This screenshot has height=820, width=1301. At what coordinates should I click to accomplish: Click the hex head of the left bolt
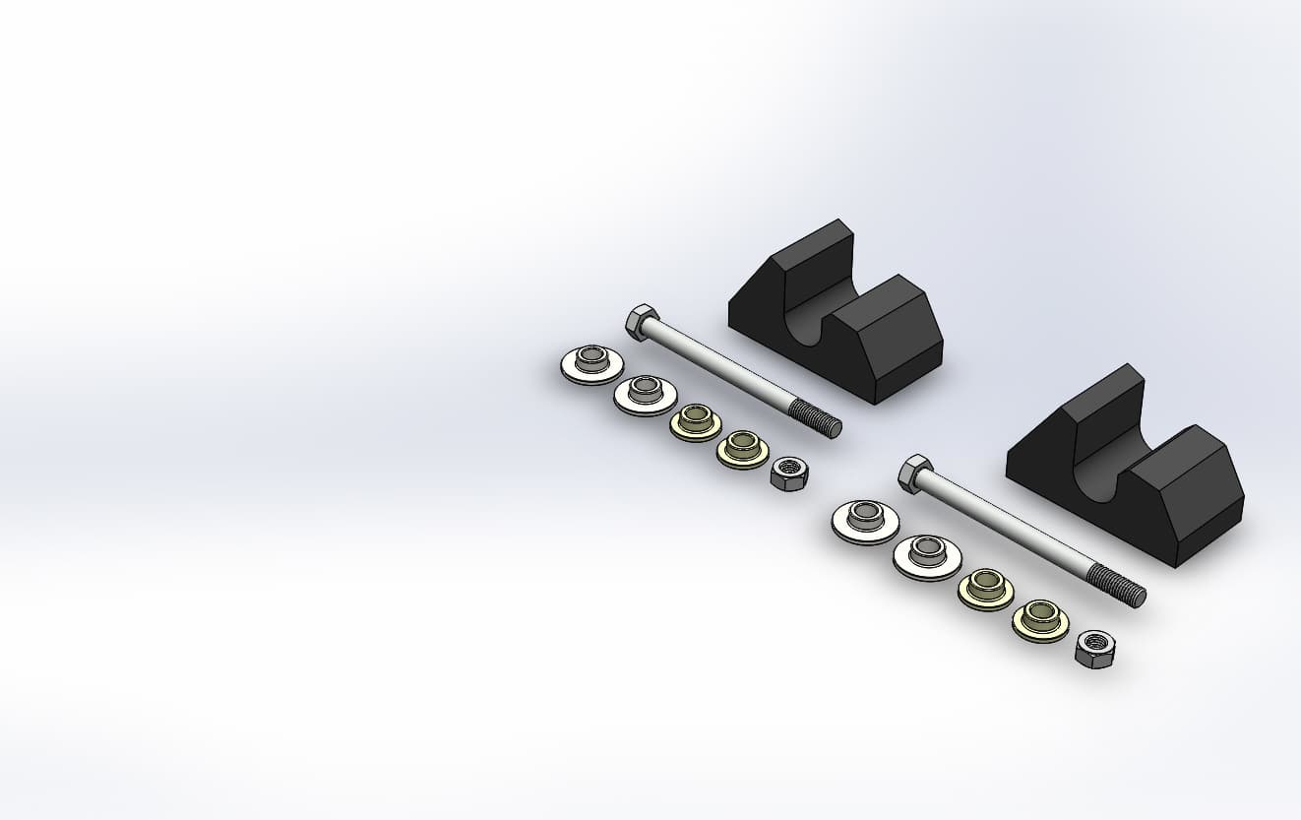[x=640, y=322]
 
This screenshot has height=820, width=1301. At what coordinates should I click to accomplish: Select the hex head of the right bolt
[x=914, y=473]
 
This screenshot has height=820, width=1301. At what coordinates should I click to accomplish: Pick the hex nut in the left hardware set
[x=789, y=473]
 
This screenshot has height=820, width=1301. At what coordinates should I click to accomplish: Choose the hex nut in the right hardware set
[x=1094, y=649]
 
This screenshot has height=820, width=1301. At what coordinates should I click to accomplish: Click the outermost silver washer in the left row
[x=591, y=364]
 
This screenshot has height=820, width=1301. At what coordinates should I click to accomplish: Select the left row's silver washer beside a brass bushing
[x=645, y=394]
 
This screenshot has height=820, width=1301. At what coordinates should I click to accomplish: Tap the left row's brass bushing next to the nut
[x=742, y=450]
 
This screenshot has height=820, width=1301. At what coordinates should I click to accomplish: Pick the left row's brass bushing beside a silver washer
[x=695, y=422]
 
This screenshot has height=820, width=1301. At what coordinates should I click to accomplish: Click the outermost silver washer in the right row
[x=865, y=521]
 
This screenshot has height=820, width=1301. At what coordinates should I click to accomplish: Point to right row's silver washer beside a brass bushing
[x=927, y=557]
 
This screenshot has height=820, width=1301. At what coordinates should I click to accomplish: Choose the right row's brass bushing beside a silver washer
[x=985, y=590]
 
